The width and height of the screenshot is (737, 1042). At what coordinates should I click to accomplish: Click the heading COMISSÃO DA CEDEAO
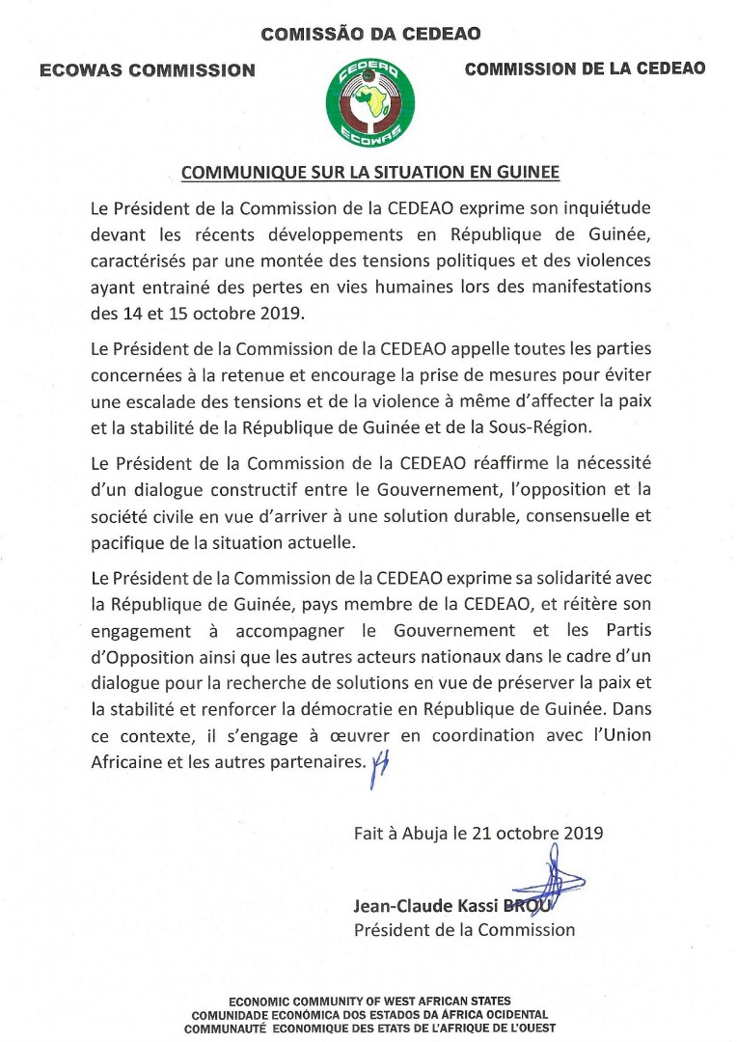pos(371,35)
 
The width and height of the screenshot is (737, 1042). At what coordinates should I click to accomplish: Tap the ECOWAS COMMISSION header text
pos(148,69)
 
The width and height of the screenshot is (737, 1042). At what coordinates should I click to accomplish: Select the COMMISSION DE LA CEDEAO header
pos(585,69)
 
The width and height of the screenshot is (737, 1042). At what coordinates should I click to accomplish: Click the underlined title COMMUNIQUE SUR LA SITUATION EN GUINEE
pos(370,174)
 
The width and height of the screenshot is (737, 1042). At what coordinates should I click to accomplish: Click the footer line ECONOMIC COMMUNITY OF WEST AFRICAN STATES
pos(369,1001)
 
